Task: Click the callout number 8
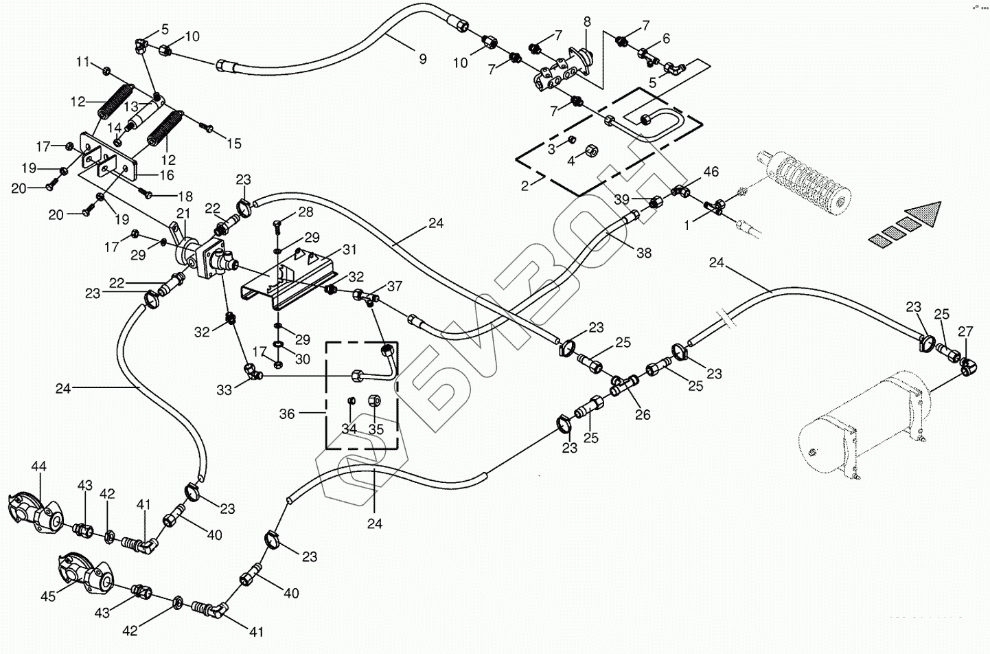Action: click(587, 22)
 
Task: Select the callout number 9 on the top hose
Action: click(423, 60)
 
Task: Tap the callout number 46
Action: click(711, 172)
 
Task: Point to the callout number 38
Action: click(643, 253)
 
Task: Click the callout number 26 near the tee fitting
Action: click(643, 415)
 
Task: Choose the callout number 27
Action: click(965, 332)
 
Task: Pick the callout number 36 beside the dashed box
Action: click(287, 414)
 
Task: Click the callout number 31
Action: click(350, 249)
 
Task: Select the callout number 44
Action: click(38, 467)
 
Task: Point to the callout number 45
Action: click(47, 597)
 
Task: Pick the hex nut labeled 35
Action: click(375, 400)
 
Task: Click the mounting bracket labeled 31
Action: click(288, 282)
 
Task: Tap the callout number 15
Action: click(234, 144)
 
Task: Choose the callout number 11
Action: click(83, 63)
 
